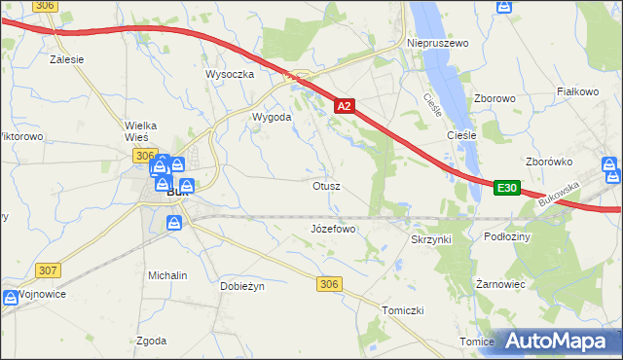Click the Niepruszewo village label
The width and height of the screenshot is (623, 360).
click(x=437, y=44)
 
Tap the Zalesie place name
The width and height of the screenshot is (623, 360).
click(x=67, y=58)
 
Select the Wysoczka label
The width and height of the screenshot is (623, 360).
click(x=230, y=74)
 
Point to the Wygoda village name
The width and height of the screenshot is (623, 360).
click(x=273, y=117)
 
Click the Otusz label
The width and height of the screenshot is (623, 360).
click(x=326, y=185)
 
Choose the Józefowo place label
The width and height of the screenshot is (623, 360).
click(x=333, y=229)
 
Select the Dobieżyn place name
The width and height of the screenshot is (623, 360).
click(x=242, y=286)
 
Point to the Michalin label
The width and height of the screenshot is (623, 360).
click(x=167, y=275)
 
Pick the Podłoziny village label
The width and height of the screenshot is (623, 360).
click(x=505, y=236)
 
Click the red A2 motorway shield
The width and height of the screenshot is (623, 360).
click(x=344, y=104)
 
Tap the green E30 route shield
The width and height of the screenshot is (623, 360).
click(x=506, y=188)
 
